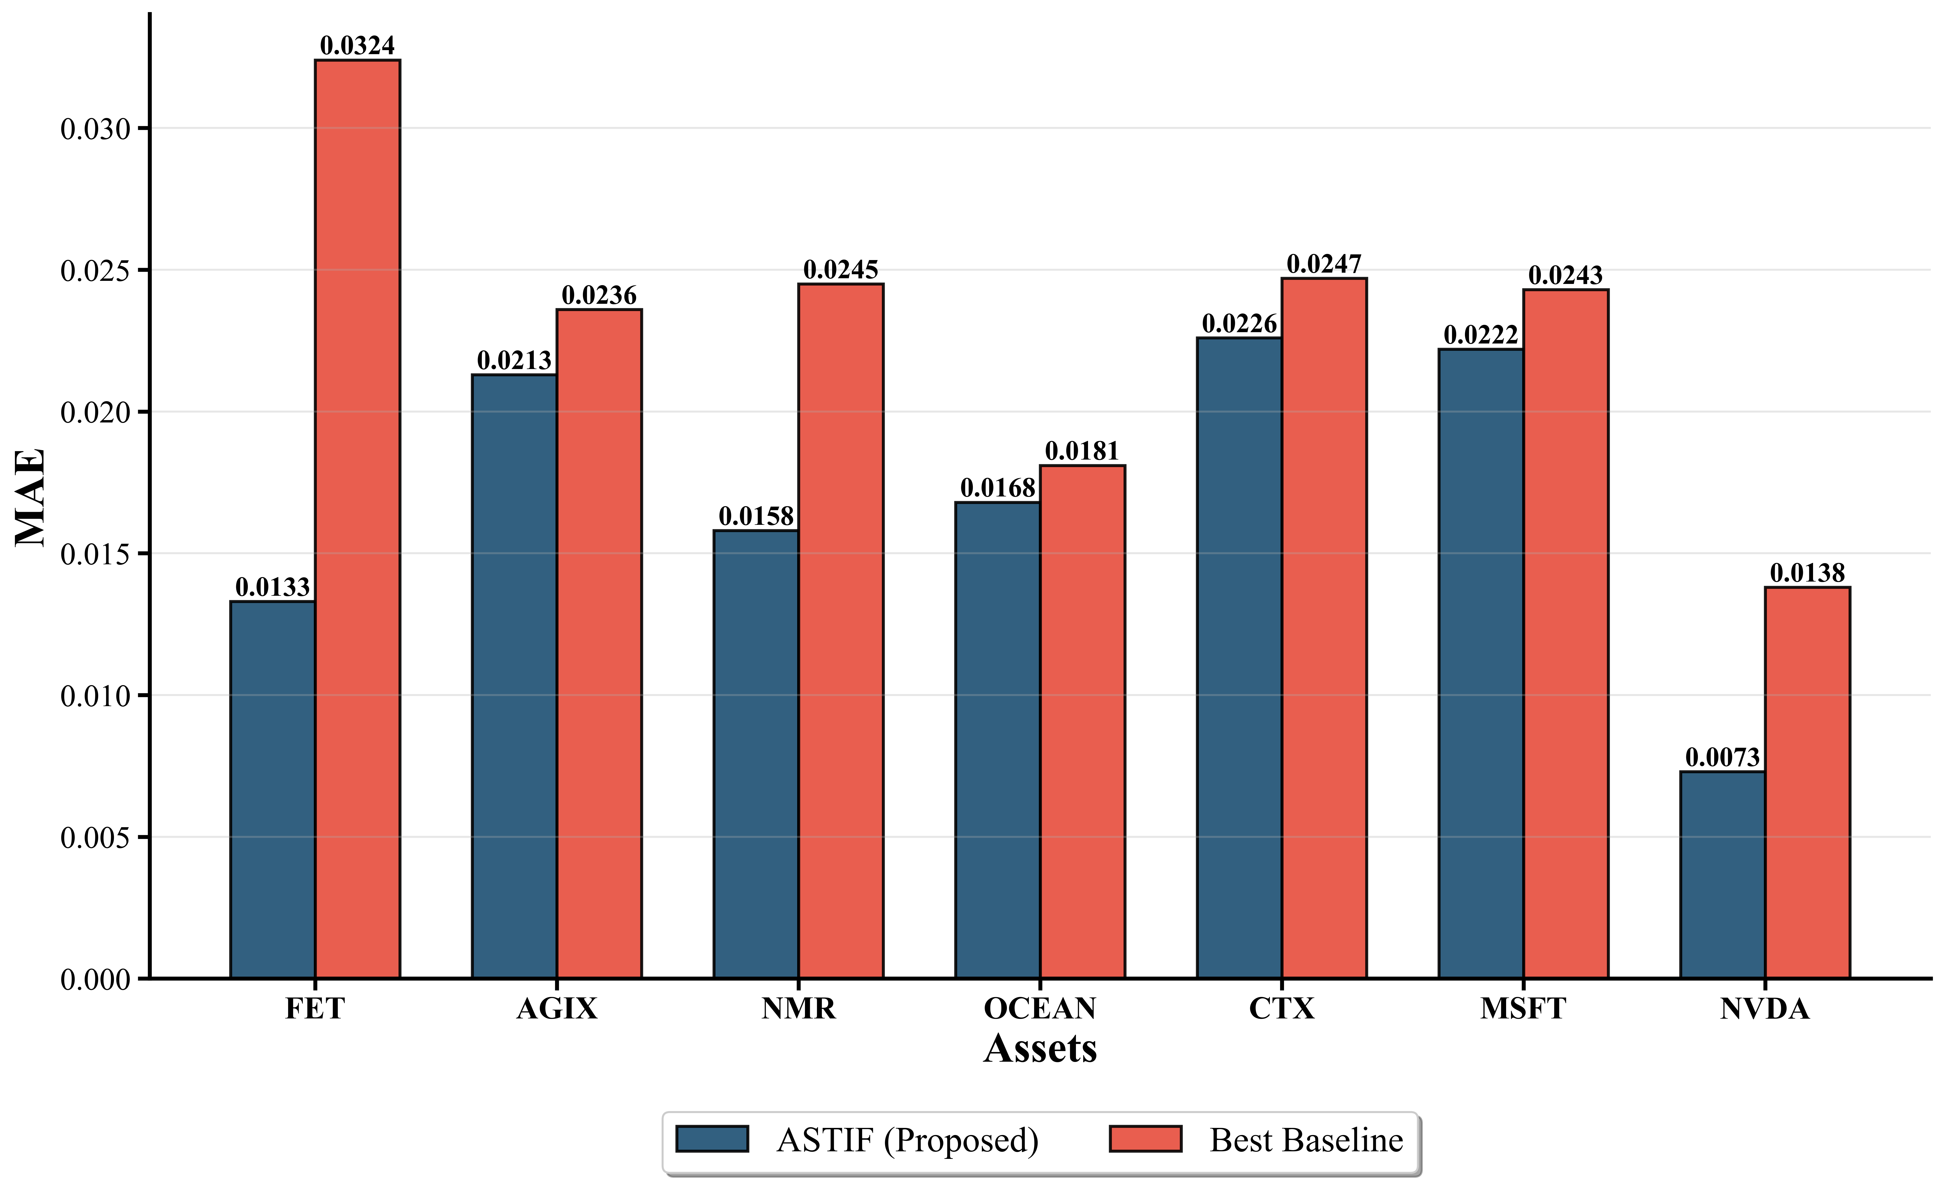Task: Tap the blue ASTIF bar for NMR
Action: click(756, 754)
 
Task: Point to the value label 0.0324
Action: click(358, 46)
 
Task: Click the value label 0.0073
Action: click(1722, 758)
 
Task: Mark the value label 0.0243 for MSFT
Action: click(1565, 275)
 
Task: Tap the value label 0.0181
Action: click(1082, 452)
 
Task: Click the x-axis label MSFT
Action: click(1523, 1009)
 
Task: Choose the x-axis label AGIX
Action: click(556, 1009)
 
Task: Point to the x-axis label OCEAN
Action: click(1040, 1009)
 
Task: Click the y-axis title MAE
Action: click(30, 497)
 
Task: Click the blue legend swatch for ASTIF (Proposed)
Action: click(712, 1139)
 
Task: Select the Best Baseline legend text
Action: click(1307, 1140)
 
